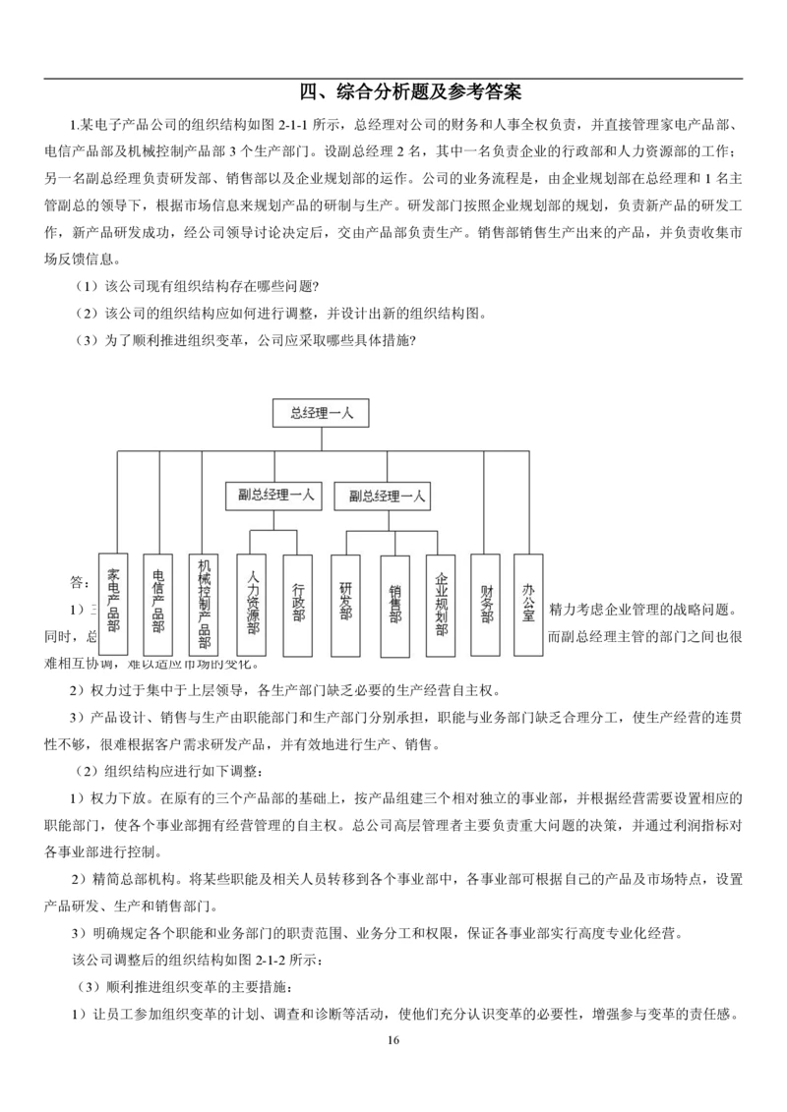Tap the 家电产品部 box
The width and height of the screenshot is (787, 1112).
(x=113, y=605)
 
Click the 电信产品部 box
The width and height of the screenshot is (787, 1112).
(x=158, y=605)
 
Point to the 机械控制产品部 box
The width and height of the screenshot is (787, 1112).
(x=205, y=605)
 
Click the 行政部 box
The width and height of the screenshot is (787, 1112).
(x=298, y=605)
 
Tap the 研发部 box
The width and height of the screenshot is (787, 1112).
(x=345, y=605)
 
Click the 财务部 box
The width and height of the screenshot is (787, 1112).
(x=486, y=605)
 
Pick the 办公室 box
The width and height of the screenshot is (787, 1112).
(x=529, y=605)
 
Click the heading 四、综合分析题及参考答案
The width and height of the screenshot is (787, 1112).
(x=410, y=93)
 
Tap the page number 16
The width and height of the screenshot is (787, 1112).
(x=393, y=1042)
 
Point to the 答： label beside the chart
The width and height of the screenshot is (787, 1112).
(x=79, y=581)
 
